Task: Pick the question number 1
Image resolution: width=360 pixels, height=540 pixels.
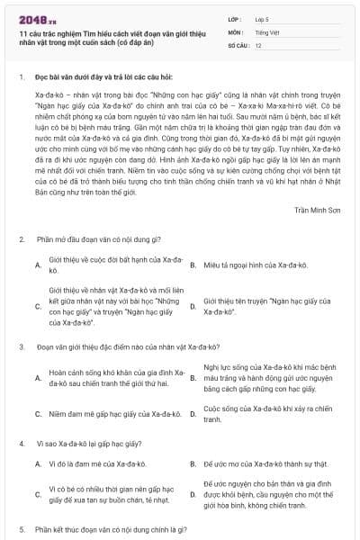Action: click(21, 78)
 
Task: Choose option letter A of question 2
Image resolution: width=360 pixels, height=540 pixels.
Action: click(38, 264)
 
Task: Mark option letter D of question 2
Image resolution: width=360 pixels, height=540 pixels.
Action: click(193, 306)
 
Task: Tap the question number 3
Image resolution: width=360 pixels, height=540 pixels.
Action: click(21, 346)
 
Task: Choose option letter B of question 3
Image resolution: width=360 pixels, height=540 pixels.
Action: click(193, 378)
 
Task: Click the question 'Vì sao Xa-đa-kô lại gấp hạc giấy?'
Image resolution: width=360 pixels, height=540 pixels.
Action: click(95, 444)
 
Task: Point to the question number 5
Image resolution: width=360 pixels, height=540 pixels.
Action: click(21, 529)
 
